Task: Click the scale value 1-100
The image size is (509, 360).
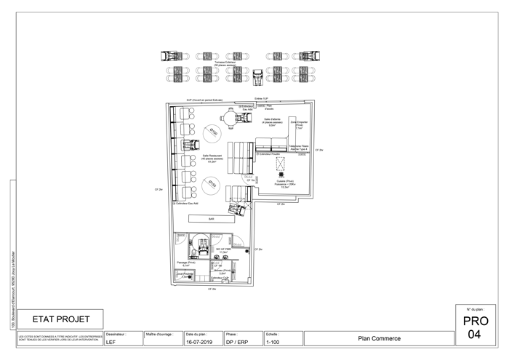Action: [x=273, y=341]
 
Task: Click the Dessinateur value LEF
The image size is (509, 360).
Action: [x=111, y=341]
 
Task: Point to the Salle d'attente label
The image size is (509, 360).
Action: [x=273, y=121]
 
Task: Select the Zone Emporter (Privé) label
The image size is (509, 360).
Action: [x=299, y=125]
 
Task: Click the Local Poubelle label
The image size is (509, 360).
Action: [x=184, y=276]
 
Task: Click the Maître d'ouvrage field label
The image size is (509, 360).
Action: [x=160, y=334]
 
